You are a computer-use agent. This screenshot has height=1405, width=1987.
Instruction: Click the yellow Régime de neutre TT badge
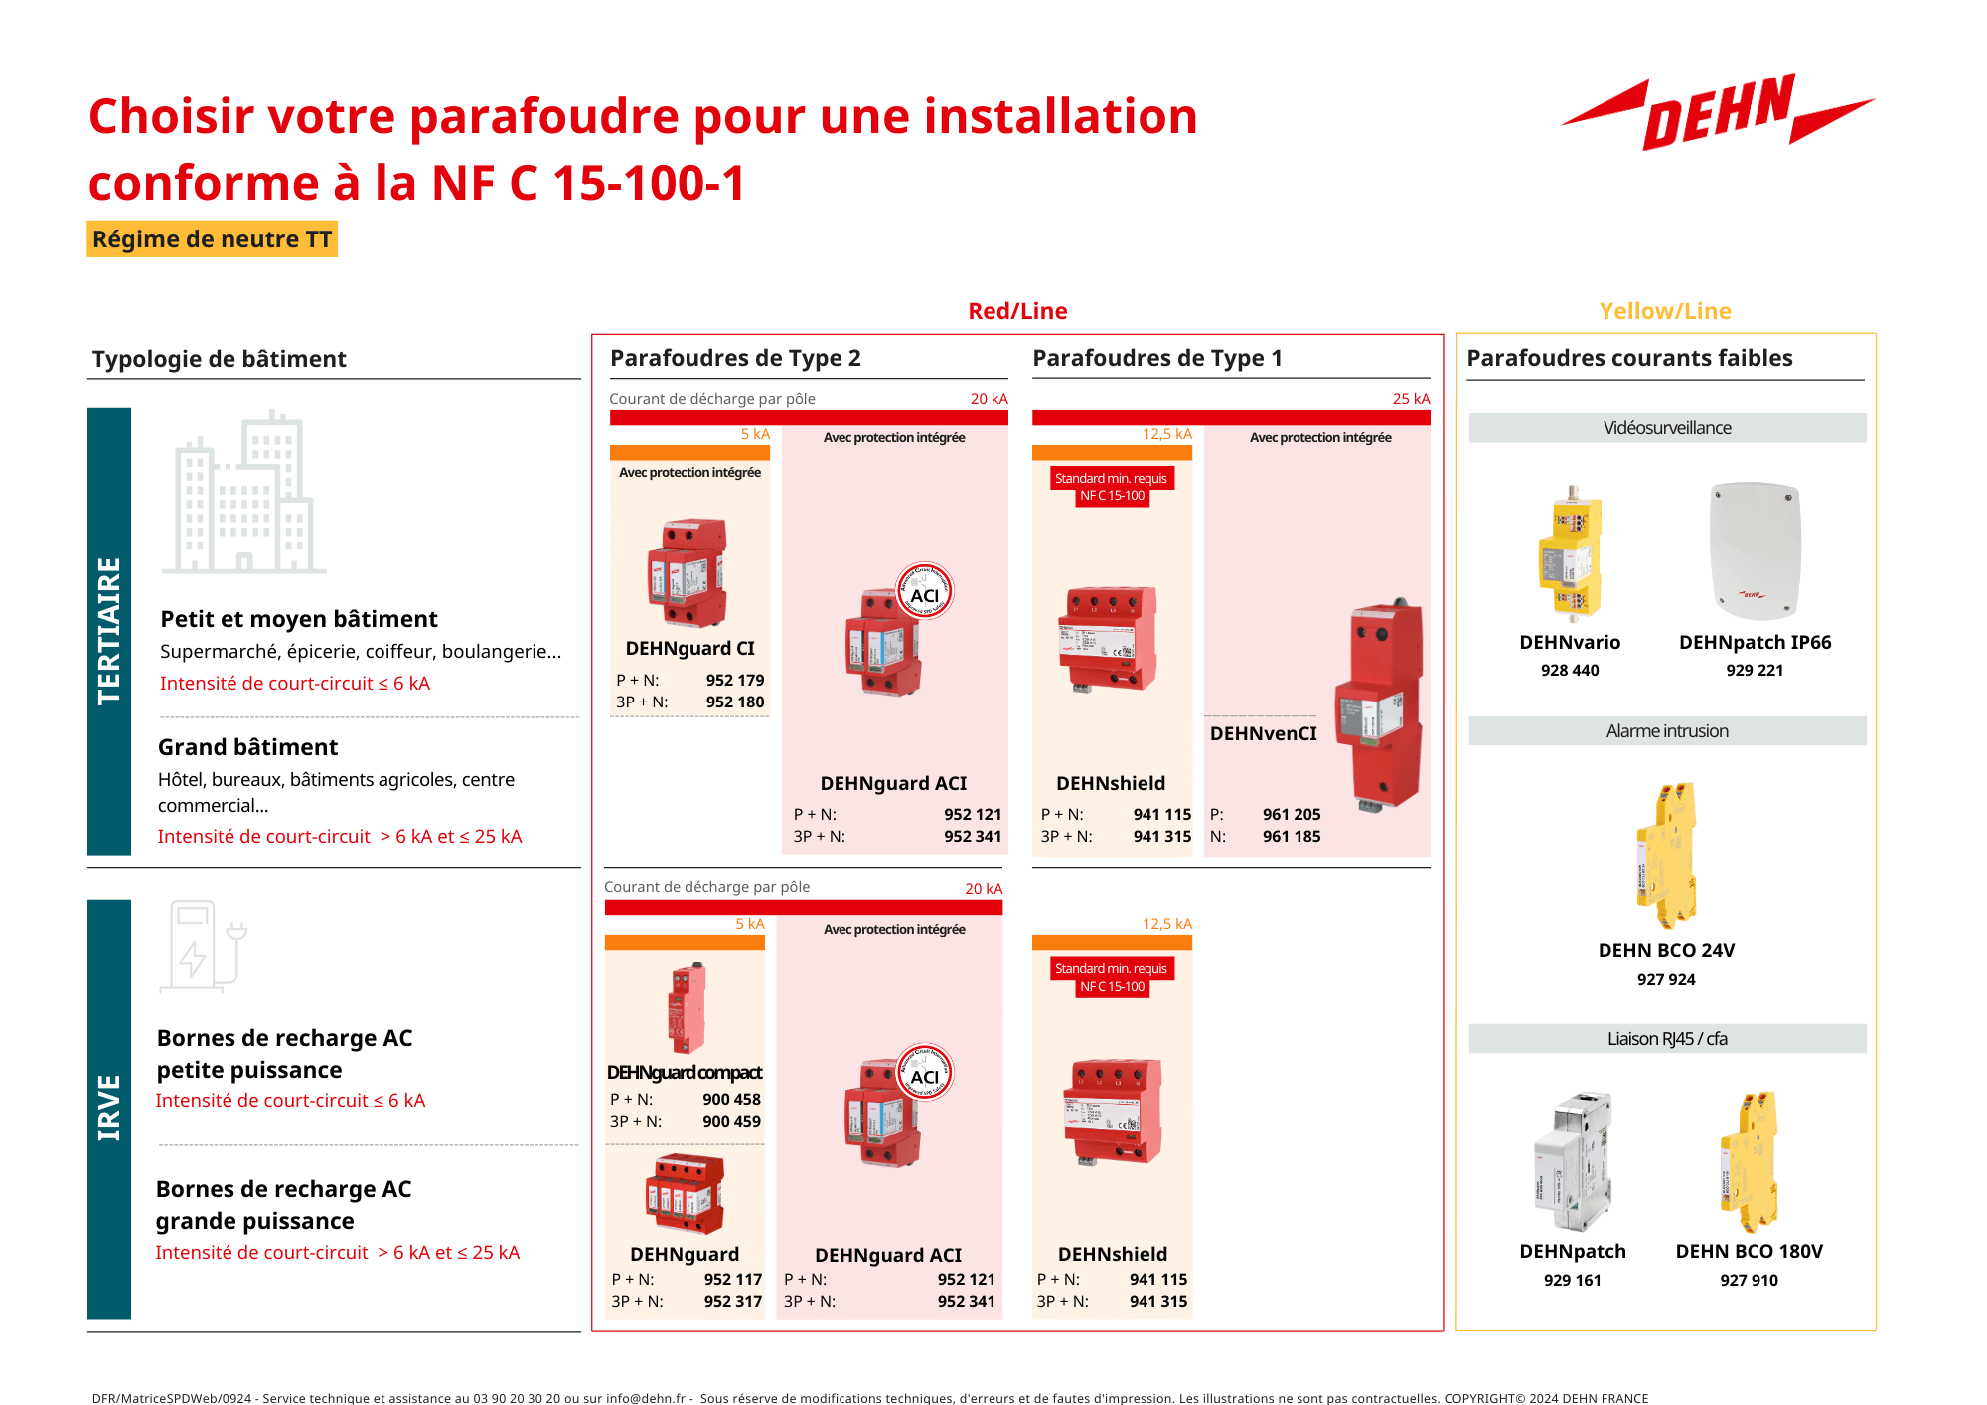click(212, 239)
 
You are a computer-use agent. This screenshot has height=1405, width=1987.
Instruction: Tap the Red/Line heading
click(1017, 311)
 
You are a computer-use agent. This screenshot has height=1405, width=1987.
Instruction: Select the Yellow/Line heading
click(1665, 311)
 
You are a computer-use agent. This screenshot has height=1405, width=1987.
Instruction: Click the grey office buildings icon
click(243, 494)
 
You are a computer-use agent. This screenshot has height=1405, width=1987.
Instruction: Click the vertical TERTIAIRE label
click(109, 631)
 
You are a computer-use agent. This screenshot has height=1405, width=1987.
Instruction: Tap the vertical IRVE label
click(109, 1107)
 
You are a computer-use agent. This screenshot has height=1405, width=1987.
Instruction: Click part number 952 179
click(734, 680)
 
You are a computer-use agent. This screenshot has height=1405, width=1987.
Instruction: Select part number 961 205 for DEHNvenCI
click(1292, 814)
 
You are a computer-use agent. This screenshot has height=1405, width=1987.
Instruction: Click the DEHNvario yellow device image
click(1570, 552)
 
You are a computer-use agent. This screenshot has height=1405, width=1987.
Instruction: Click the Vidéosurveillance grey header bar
click(1666, 428)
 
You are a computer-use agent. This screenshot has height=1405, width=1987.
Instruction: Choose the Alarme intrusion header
click(1666, 731)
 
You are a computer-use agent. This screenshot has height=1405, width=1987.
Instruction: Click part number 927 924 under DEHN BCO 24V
click(1666, 979)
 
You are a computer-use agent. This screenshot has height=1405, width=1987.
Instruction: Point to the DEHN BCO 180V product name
click(1749, 1251)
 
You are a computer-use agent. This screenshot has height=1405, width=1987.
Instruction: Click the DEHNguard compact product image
click(687, 1008)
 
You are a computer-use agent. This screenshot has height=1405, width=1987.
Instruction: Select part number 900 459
click(731, 1121)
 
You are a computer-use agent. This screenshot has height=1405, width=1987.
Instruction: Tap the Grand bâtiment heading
click(247, 747)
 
